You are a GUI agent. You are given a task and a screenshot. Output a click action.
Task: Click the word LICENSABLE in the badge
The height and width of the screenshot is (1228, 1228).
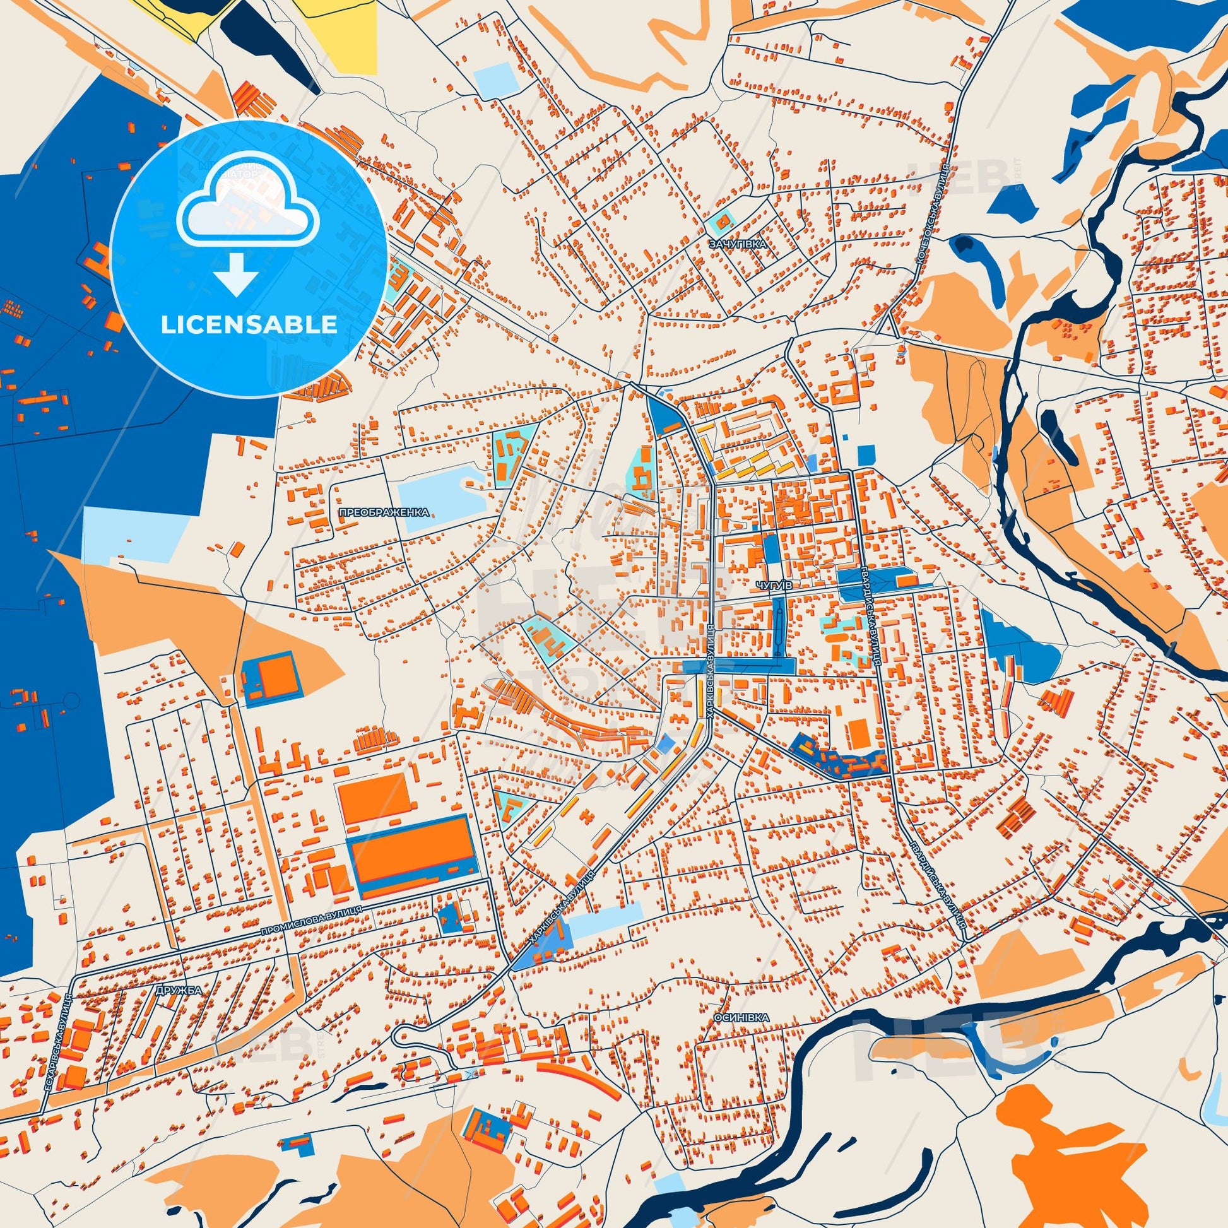(x=249, y=325)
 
